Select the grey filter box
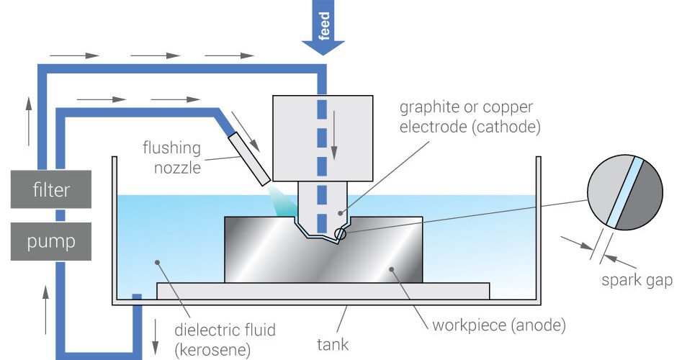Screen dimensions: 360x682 [x=50, y=191]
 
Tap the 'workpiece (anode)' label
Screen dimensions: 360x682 [x=498, y=325]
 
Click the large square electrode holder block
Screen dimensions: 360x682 [x=323, y=138]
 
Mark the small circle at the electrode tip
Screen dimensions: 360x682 [x=340, y=233]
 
